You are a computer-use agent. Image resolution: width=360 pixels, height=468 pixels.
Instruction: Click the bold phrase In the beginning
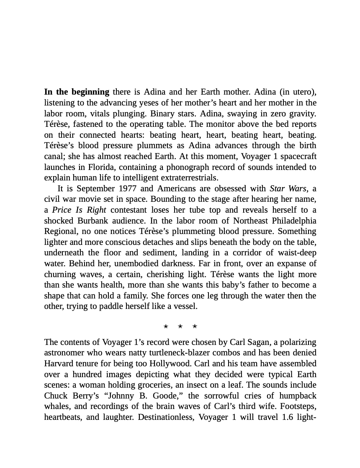[x=77, y=92]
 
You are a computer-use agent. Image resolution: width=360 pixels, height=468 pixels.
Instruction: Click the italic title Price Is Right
[x=79, y=210]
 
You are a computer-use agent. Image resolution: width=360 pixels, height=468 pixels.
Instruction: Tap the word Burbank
[x=93, y=221]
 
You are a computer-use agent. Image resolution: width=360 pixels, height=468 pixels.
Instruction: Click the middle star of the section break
[x=180, y=327]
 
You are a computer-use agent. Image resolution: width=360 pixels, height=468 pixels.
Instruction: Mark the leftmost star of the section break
[x=166, y=327]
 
